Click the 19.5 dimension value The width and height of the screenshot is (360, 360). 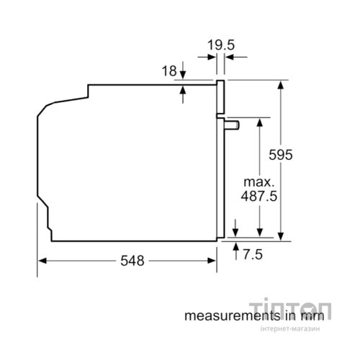pyautogui.click(x=221, y=45)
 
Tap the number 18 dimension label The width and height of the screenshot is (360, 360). pyautogui.click(x=169, y=71)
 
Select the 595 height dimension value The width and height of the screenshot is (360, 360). pyautogui.click(x=281, y=155)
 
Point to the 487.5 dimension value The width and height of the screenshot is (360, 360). pyautogui.click(x=259, y=196)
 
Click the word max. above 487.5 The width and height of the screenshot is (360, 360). pyautogui.click(x=259, y=182)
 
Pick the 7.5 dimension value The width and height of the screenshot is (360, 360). pyautogui.click(x=253, y=254)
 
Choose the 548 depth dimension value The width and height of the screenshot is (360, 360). pyautogui.click(x=132, y=261)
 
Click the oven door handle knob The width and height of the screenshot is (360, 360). pyautogui.click(x=232, y=125)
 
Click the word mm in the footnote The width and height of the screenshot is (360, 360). pyautogui.click(x=312, y=316)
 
